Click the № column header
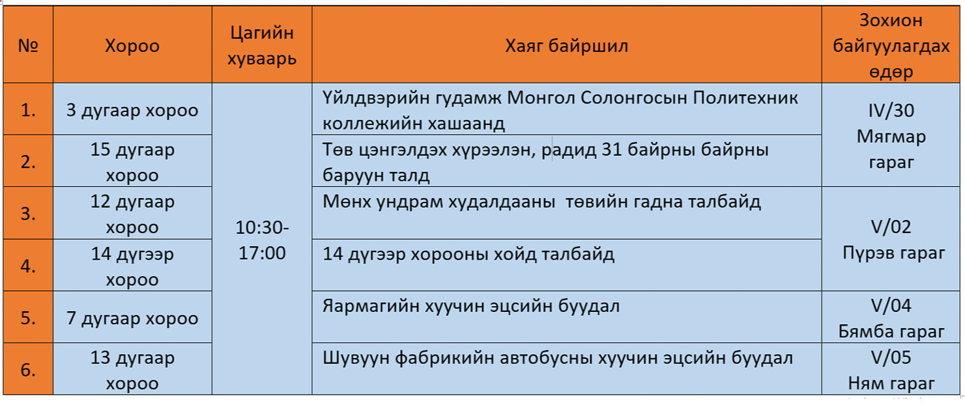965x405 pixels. [x=28, y=45]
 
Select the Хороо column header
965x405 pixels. [x=132, y=46]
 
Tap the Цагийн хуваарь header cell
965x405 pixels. [x=262, y=45]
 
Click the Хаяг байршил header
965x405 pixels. [x=566, y=46]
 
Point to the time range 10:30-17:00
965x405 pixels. [x=262, y=240]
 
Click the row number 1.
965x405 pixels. [x=28, y=111]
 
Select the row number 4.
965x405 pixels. [x=28, y=266]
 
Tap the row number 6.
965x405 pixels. [x=28, y=370]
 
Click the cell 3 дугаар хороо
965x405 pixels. [x=132, y=111]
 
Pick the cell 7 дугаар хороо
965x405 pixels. [x=132, y=318]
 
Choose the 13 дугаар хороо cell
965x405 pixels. [x=132, y=370]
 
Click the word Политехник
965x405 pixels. [x=745, y=98]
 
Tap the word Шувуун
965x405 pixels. [x=355, y=358]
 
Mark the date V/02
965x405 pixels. [x=891, y=227]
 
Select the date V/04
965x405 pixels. [x=891, y=305]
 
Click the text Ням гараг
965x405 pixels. [x=891, y=383]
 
